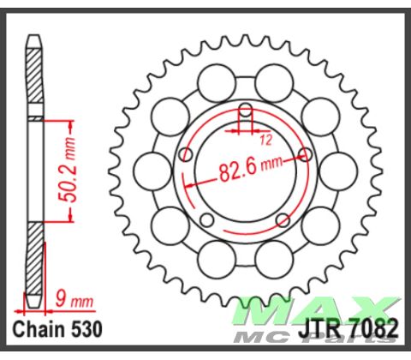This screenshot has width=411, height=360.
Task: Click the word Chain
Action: [39, 330]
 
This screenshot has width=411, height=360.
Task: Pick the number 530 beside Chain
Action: [92, 330]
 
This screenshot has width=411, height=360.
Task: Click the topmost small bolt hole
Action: [246, 109]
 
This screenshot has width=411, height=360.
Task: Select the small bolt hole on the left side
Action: [187, 155]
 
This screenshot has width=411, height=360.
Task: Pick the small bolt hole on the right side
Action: [306, 155]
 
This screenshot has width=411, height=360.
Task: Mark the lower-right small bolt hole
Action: [284, 223]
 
